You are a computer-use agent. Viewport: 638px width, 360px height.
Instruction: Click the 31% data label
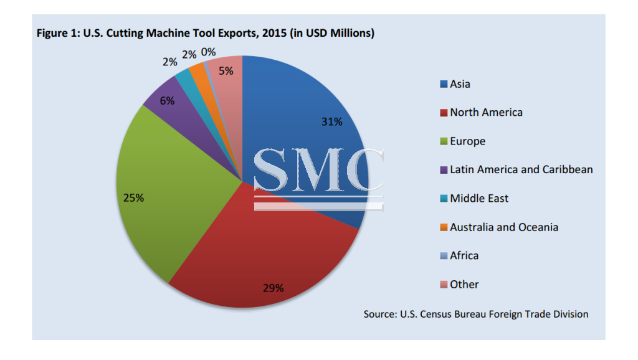pos(331,122)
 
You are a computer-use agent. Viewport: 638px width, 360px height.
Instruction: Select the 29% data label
pos(273,288)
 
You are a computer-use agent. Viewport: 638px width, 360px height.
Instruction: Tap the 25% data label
pos(133,198)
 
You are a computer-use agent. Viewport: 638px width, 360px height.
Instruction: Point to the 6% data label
pos(167,100)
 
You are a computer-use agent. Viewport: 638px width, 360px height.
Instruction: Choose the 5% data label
pos(226,71)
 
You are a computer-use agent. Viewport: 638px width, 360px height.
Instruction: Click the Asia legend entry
pos(460,84)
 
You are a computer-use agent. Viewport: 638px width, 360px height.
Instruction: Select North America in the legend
pos(486,113)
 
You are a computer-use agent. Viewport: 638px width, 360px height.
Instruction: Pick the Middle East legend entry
pos(478,199)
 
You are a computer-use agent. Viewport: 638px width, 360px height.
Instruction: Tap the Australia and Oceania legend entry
pos(503,227)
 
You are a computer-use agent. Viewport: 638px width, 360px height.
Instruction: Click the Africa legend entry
pos(464,256)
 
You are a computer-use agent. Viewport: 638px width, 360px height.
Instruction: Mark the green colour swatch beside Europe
pos(443,141)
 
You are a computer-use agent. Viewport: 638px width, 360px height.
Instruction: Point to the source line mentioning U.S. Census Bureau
pos(475,314)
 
